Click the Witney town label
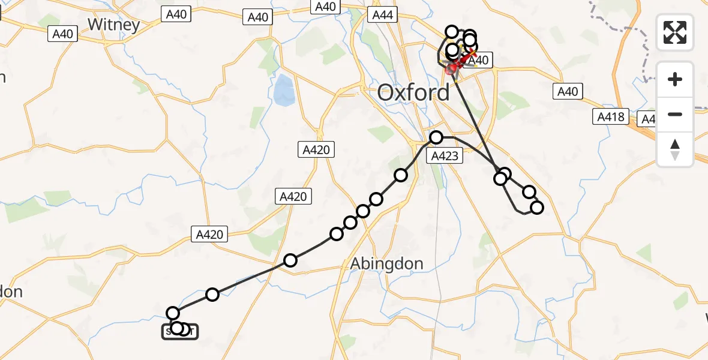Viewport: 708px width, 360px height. [x=113, y=24]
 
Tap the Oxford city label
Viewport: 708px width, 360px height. [x=413, y=93]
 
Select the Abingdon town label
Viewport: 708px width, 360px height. [x=386, y=263]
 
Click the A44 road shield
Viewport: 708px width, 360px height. [x=382, y=15]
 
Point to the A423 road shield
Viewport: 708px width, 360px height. [x=445, y=157]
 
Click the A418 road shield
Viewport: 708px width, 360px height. [x=611, y=117]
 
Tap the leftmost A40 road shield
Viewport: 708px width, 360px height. [x=63, y=34]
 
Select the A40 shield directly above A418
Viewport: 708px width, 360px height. [x=567, y=91]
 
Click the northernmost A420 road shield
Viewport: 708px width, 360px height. [x=316, y=149]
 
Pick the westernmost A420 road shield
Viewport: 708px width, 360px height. [x=209, y=234]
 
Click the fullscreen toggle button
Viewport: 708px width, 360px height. [x=675, y=32]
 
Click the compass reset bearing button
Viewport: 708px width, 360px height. [x=675, y=149]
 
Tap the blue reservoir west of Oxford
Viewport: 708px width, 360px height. [x=283, y=90]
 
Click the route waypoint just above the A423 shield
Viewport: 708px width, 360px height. [x=436, y=137]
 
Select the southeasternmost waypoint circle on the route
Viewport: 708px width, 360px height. [x=537, y=208]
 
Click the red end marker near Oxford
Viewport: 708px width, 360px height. [x=451, y=68]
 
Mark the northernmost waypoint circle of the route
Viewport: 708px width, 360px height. [x=451, y=32]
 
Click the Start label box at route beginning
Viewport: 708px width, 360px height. [x=179, y=331]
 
